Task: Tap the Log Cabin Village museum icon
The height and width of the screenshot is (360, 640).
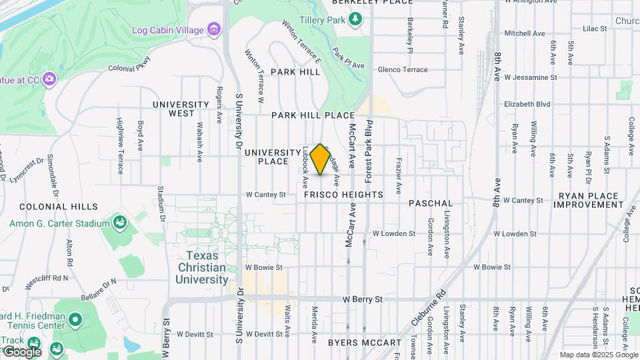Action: click(x=214, y=29)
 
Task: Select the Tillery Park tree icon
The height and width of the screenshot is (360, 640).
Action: click(x=355, y=19)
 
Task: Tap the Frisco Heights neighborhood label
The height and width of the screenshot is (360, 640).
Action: click(x=343, y=195)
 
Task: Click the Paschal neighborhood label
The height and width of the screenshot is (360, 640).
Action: click(x=431, y=203)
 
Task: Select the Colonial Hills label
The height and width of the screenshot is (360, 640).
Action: click(x=59, y=207)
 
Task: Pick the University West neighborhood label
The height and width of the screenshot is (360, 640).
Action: click(x=181, y=109)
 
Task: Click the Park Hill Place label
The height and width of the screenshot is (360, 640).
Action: click(x=313, y=115)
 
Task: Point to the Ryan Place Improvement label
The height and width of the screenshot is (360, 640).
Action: click(x=591, y=200)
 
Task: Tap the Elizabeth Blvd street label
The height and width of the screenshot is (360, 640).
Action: click(x=527, y=104)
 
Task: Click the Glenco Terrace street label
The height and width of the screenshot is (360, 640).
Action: click(x=403, y=69)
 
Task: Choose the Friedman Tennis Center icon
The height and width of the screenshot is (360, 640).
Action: click(x=75, y=321)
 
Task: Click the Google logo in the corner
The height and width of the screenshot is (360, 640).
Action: click(x=21, y=351)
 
